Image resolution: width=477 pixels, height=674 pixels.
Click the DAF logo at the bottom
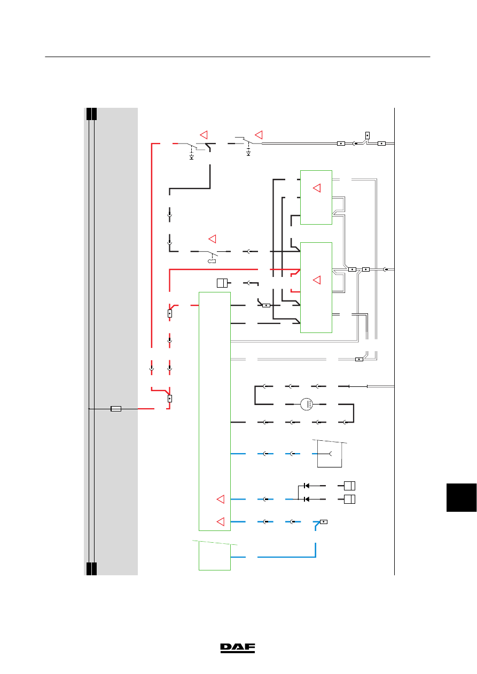pos(238,648)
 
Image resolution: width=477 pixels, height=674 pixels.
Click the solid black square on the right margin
pos(462,497)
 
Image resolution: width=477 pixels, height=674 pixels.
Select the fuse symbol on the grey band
pos(116,409)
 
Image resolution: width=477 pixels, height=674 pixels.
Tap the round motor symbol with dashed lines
pos(307,404)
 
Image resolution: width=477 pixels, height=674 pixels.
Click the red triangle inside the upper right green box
pos(317,188)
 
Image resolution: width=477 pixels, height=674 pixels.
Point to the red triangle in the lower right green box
pos(317,280)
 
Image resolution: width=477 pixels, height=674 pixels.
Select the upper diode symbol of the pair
pos(307,486)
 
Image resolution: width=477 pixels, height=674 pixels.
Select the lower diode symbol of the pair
pos(307,499)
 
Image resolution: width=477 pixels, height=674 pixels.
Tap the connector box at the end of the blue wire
pos(324,522)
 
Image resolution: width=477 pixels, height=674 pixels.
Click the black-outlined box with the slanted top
pos(330,454)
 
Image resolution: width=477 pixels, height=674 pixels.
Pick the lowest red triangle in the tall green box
pos(221,522)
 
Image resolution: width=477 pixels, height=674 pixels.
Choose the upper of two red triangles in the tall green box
pos(221,499)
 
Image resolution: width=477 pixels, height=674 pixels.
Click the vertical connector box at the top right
pos(367,136)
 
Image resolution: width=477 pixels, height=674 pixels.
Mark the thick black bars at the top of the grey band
pos(91,114)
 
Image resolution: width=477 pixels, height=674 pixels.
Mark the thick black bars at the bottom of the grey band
pos(91,569)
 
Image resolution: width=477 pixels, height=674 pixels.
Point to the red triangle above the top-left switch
pos(204,135)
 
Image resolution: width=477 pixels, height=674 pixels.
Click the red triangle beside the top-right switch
pos(259,135)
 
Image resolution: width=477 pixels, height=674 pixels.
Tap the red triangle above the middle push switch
pos(212,239)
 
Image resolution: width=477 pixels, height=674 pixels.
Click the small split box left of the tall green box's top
pos(222,283)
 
